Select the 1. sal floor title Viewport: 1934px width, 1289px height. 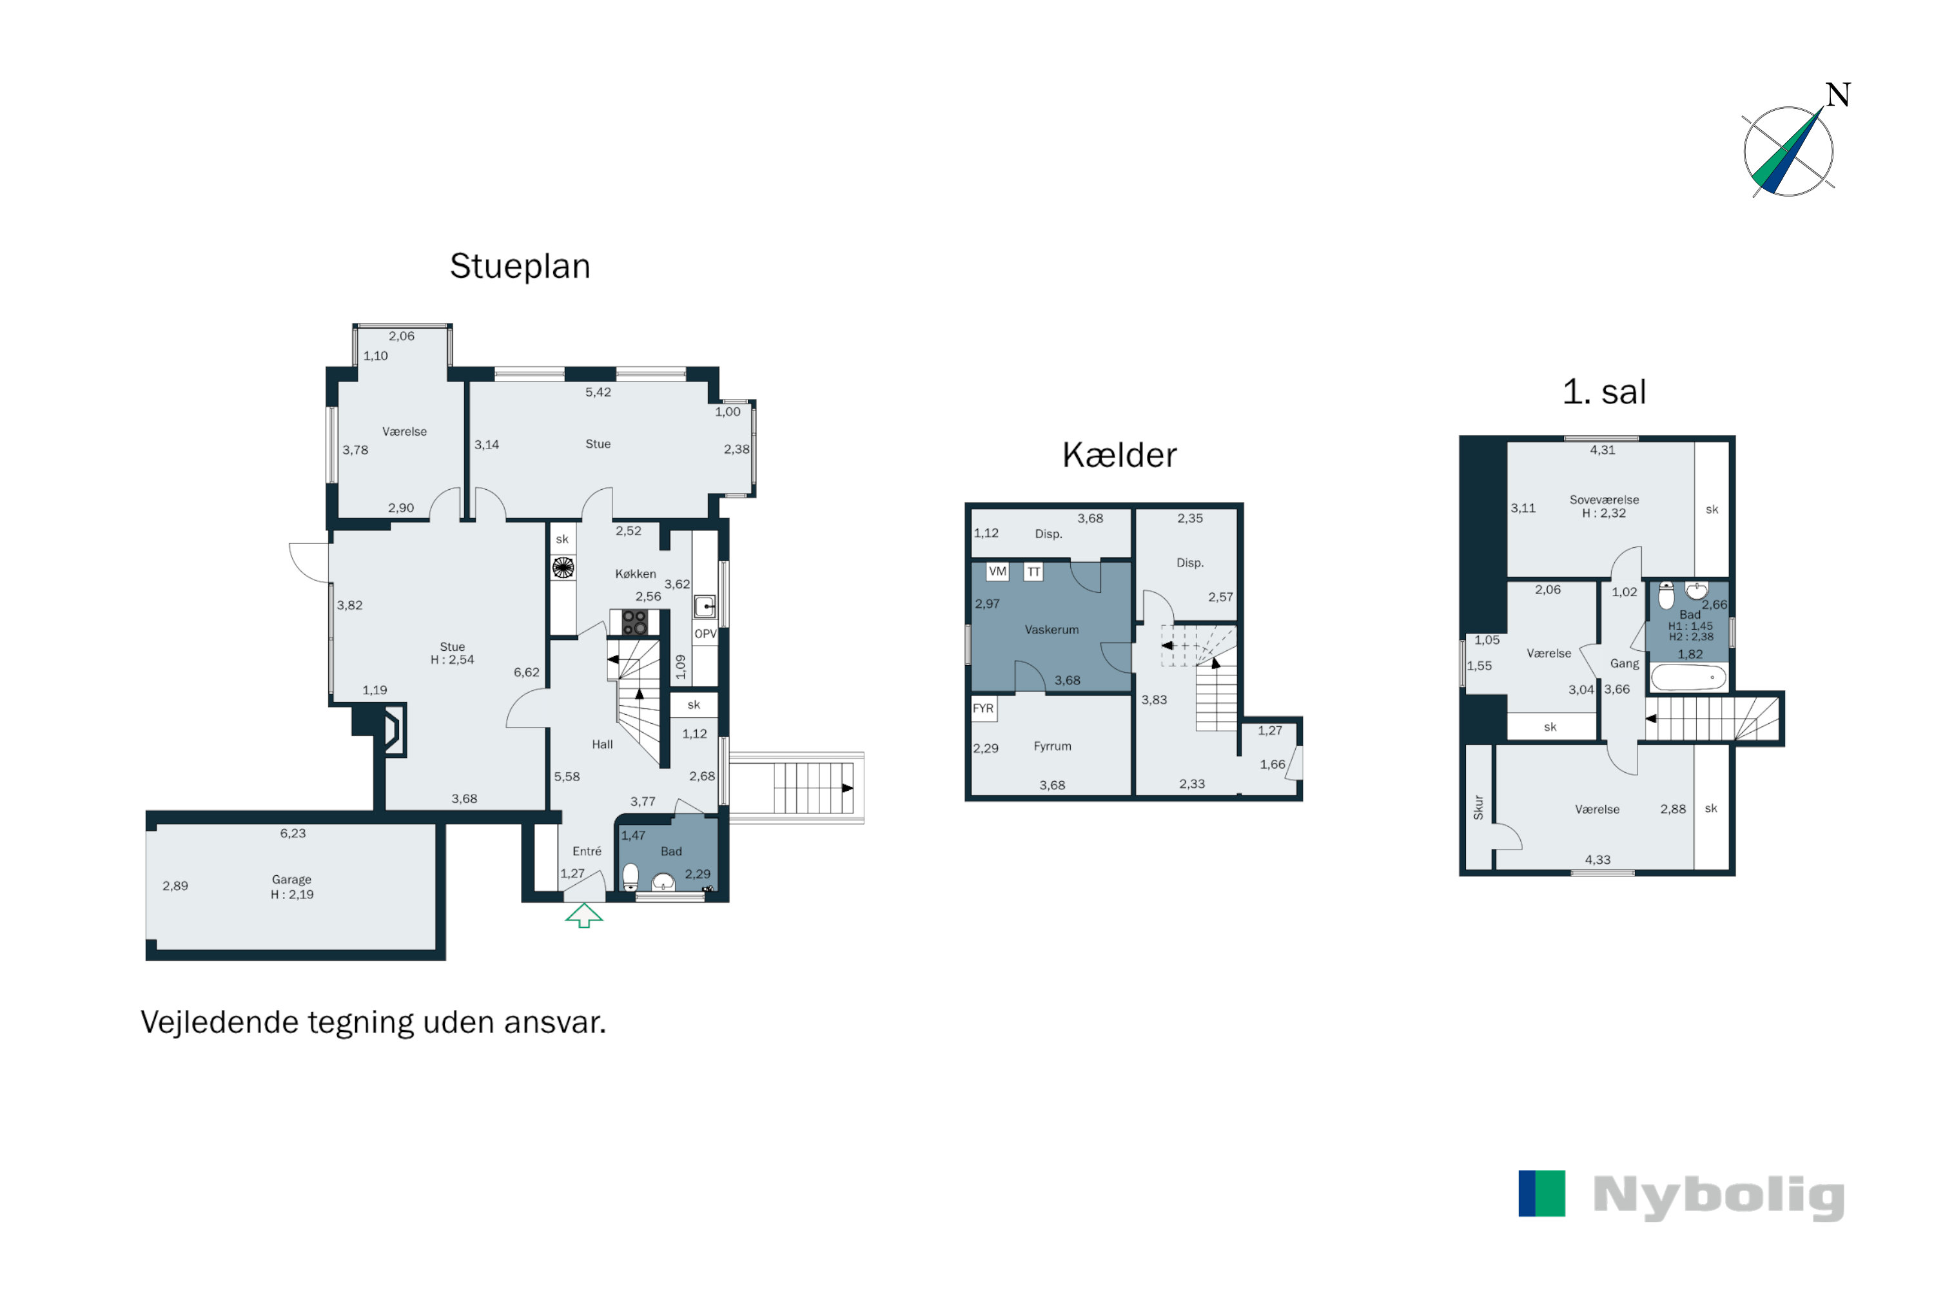(x=1603, y=392)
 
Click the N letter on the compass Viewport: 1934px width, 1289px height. (x=1838, y=95)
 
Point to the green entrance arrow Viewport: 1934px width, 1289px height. (x=584, y=915)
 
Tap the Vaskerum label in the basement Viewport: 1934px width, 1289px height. (x=1051, y=630)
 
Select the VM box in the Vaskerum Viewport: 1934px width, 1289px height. (x=997, y=571)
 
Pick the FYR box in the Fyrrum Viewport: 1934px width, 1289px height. (x=984, y=708)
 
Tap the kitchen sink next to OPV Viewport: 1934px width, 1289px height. (x=705, y=606)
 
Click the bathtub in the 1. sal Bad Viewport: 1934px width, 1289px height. (x=1689, y=677)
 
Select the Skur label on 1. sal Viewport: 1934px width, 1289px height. (x=1478, y=808)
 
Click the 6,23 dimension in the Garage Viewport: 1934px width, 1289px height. (x=293, y=833)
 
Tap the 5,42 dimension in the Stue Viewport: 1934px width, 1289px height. (x=598, y=392)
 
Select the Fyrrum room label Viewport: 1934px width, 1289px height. (x=1053, y=746)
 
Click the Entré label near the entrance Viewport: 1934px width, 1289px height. (x=587, y=851)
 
